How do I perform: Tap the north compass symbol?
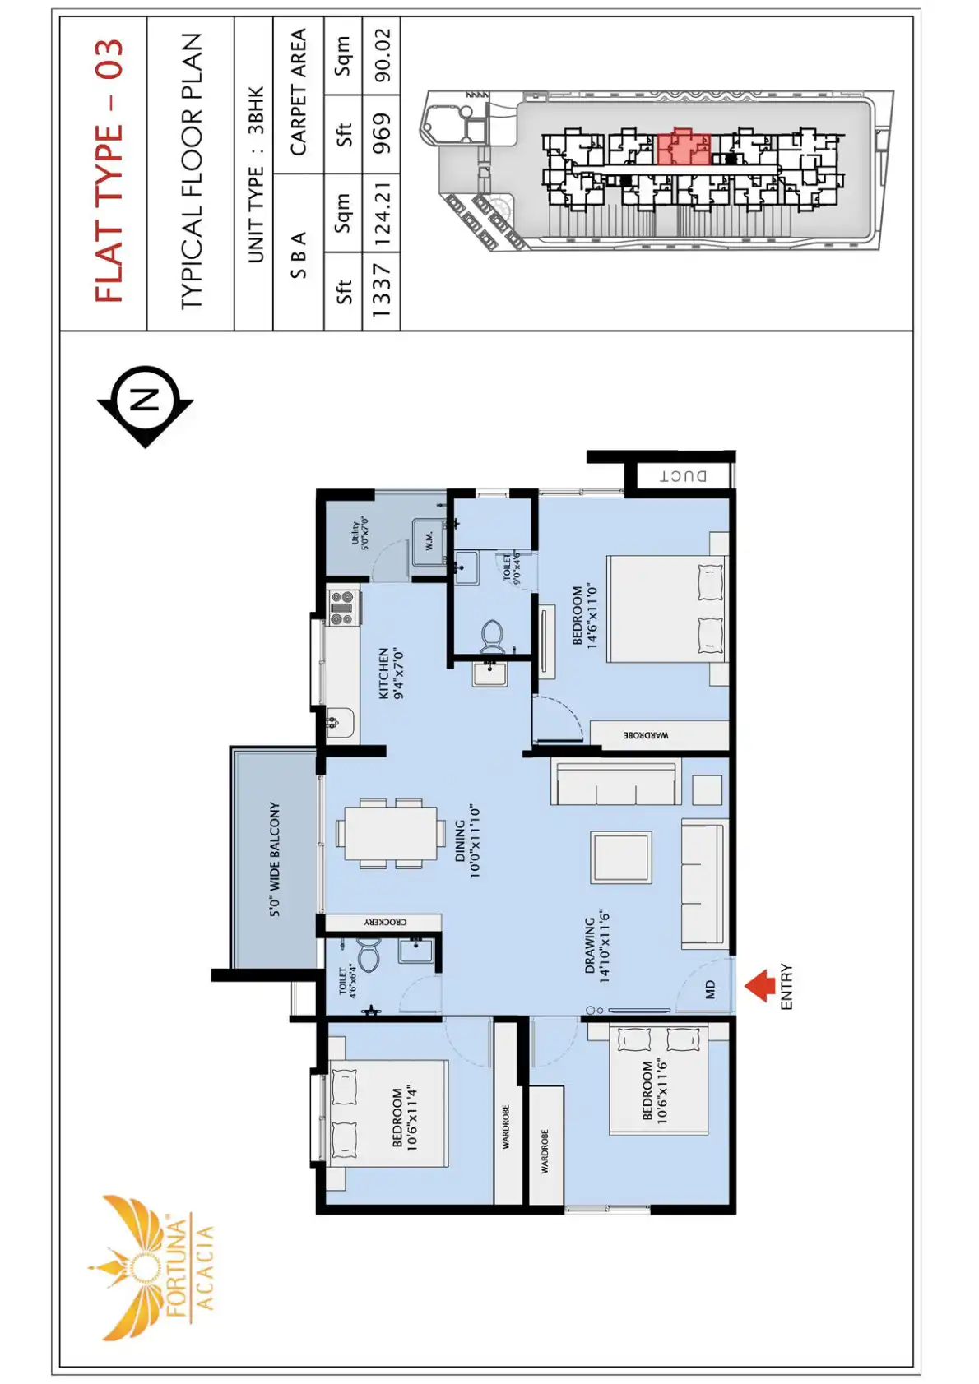pyautogui.click(x=146, y=405)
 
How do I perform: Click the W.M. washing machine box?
pyautogui.click(x=429, y=541)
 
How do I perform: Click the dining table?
pyautogui.click(x=390, y=834)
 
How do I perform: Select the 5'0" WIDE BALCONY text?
pyautogui.click(x=275, y=859)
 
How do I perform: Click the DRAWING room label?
pyautogui.click(x=596, y=947)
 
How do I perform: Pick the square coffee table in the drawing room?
pyautogui.click(x=621, y=857)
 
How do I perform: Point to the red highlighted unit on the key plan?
pyautogui.click(x=682, y=147)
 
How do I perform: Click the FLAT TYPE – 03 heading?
pyautogui.click(x=109, y=171)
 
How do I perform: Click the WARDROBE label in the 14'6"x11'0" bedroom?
pyautogui.click(x=646, y=735)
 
